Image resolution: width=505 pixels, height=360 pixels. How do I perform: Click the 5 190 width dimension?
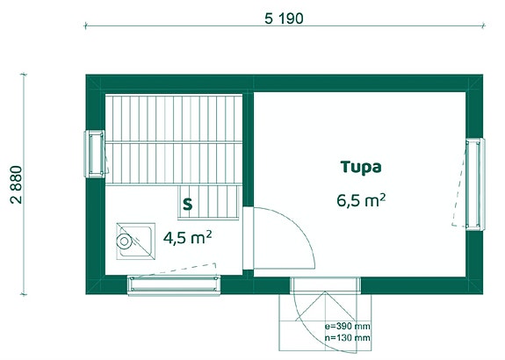click(x=284, y=18)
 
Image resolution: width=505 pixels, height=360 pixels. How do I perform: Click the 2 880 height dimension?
click(x=17, y=184)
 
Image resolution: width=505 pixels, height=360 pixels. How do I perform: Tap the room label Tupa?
click(x=361, y=167)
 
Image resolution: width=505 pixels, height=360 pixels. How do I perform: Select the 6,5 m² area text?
click(x=361, y=200)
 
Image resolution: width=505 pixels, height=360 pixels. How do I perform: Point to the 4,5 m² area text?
click(x=187, y=238)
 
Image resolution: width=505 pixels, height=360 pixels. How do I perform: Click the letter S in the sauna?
click(x=187, y=204)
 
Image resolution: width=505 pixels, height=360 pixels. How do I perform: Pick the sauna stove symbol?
click(x=135, y=241)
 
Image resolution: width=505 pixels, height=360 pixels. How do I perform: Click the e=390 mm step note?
click(x=348, y=326)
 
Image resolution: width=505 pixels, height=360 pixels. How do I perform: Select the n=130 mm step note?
click(x=348, y=338)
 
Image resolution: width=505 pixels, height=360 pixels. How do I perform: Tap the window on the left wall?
click(x=95, y=154)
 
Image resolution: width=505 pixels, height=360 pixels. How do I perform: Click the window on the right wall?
click(x=475, y=184)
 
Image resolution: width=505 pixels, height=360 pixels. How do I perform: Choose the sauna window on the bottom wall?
click(x=174, y=285)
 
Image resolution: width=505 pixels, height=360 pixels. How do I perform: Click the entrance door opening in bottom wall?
click(x=325, y=284)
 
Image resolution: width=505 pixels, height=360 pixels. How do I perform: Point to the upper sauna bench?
click(x=174, y=118)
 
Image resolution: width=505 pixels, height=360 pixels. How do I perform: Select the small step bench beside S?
click(x=208, y=203)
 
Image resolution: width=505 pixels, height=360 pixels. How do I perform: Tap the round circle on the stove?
click(x=124, y=241)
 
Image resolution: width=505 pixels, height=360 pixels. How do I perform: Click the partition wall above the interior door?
click(x=248, y=149)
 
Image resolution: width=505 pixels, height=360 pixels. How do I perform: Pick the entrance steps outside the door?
click(x=325, y=322)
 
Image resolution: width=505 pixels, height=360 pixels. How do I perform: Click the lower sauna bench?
click(x=174, y=163)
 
